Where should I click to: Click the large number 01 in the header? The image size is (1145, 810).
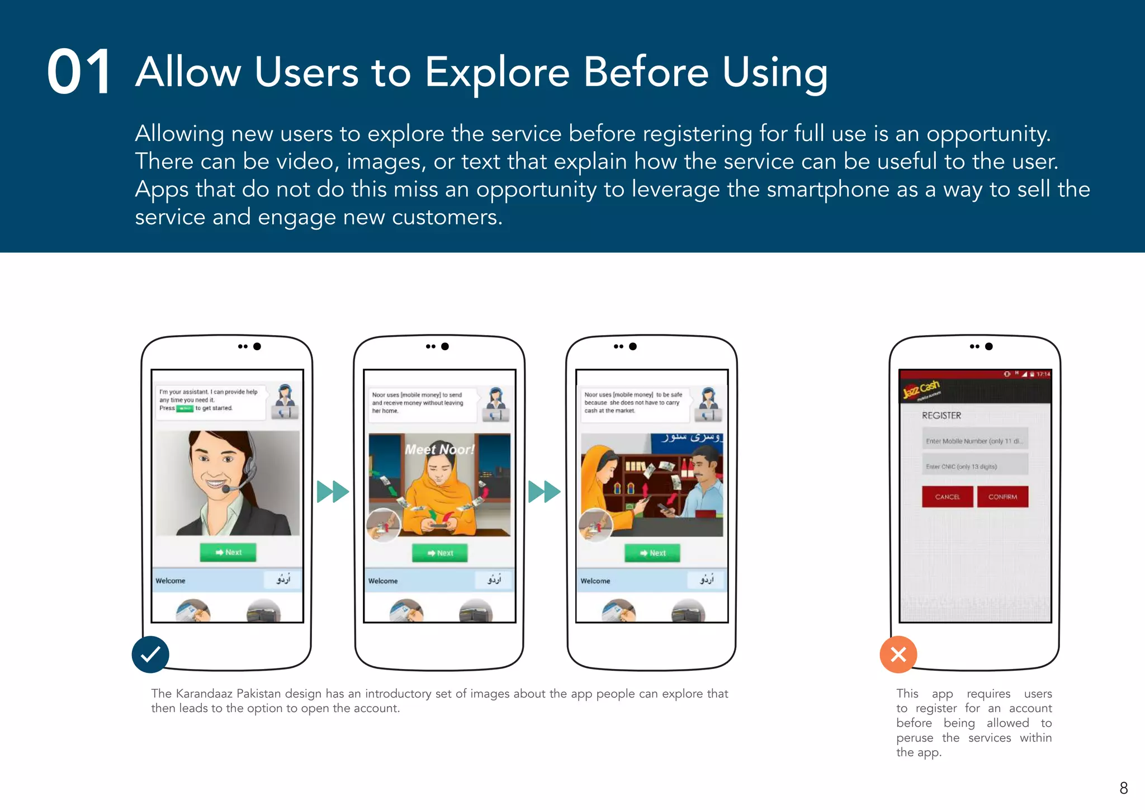click(79, 72)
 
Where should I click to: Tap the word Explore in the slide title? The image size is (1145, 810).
click(496, 73)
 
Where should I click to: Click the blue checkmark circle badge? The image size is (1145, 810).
click(150, 654)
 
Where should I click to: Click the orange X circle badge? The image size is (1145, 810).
click(898, 654)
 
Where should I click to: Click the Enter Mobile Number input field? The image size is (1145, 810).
click(974, 441)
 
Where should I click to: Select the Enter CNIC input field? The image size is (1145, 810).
click(974, 466)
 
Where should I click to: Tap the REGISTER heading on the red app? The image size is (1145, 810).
click(941, 416)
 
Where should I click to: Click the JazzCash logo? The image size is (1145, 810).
click(921, 389)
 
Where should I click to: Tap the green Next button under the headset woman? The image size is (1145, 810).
click(228, 552)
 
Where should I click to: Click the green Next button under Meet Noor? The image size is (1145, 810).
click(440, 553)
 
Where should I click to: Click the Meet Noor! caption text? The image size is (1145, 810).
click(439, 449)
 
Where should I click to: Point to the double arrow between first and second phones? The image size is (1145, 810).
click(333, 492)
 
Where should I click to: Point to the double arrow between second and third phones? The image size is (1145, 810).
click(545, 492)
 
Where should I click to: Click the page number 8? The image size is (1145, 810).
click(1123, 788)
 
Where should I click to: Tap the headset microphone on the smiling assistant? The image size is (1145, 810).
click(226, 489)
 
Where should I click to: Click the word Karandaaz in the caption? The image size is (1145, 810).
click(204, 694)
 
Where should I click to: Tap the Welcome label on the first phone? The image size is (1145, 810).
click(171, 581)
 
